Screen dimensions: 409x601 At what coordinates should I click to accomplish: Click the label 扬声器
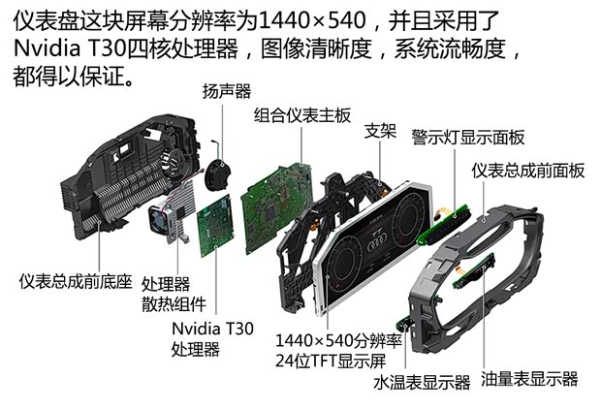(226, 91)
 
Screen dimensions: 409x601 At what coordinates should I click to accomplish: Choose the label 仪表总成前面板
(528, 170)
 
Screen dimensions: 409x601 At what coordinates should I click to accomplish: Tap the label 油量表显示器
(529, 378)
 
